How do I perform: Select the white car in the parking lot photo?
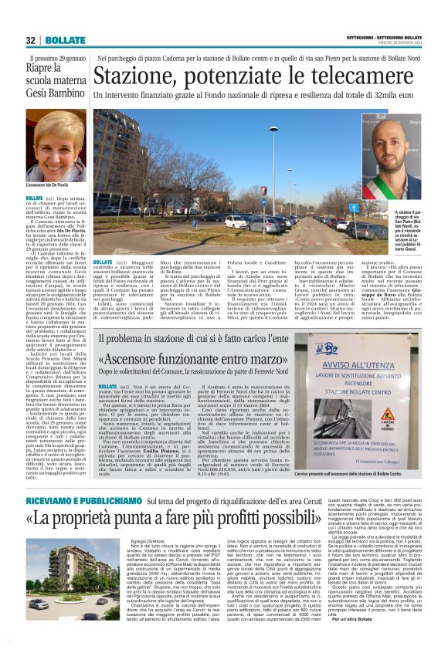coord(236,222)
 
